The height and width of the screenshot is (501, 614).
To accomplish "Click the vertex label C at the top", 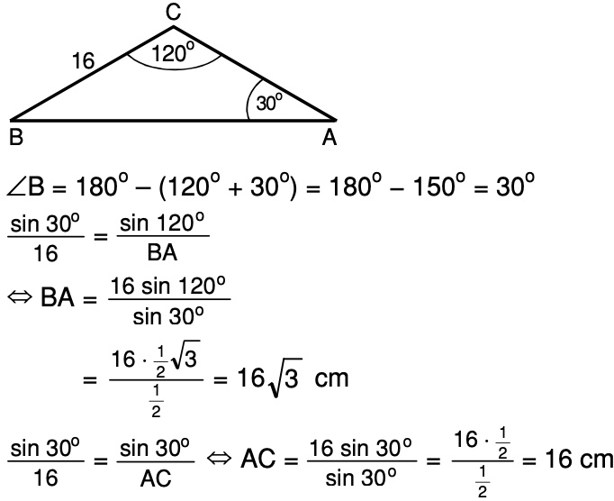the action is coord(174,12).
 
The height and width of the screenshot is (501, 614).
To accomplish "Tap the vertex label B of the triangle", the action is coord(15,139).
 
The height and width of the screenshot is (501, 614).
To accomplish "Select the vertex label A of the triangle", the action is coord(330,138).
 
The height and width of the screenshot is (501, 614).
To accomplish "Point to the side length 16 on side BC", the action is coord(83,61).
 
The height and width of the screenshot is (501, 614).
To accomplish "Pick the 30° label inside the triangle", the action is coord(269,103).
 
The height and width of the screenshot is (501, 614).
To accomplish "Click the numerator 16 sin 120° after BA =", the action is coord(169,287).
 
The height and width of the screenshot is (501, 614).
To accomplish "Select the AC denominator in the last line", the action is coord(156,479).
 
